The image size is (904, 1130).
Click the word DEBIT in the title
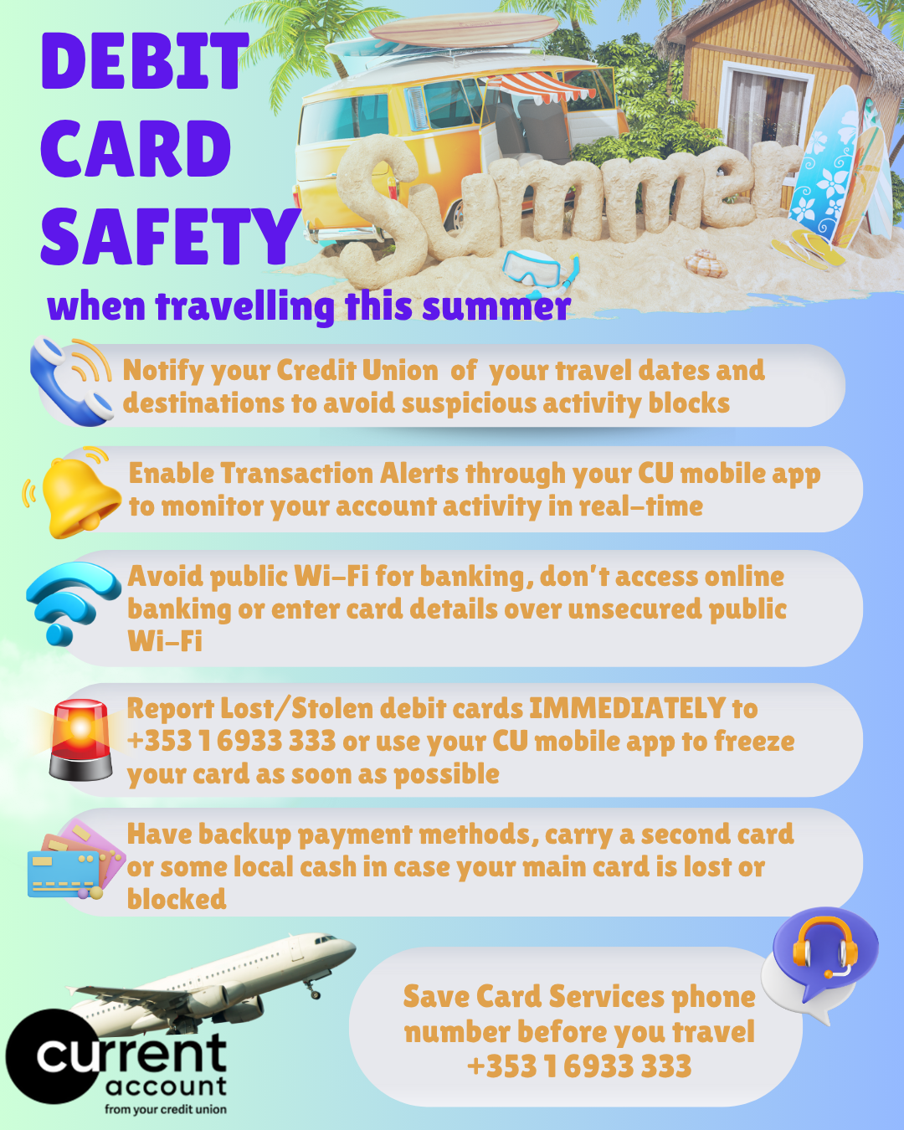[x=145, y=61]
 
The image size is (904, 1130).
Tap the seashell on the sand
[x=706, y=264]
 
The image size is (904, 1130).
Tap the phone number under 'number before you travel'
[x=579, y=1066]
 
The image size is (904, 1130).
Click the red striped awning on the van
[x=540, y=87]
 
